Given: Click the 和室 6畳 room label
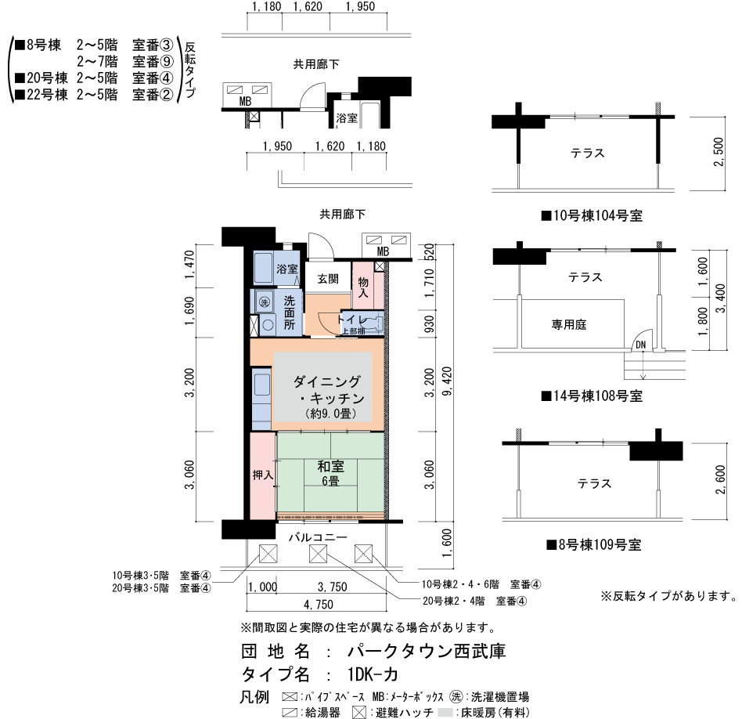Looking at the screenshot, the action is tap(331, 473).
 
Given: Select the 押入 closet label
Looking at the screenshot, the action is tap(263, 475).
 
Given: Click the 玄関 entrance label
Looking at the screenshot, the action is tap(328, 279).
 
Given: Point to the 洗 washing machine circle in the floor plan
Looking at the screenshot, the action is tap(264, 302).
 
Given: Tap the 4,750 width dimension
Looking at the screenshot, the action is tap(318, 605).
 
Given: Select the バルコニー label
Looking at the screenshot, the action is tap(318, 537).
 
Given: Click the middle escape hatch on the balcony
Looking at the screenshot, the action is tap(318, 554).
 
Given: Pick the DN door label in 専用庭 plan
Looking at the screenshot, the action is tap(641, 345).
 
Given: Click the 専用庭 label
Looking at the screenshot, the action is tap(569, 324).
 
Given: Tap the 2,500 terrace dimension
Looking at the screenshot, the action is tap(719, 152).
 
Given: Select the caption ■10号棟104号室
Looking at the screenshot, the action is tap(592, 216).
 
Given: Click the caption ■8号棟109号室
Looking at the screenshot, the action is tap(594, 544).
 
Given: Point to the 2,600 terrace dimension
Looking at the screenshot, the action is tap(720, 480).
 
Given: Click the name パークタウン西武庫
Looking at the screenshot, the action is tap(427, 651).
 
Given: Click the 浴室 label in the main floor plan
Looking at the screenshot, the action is tap(287, 269).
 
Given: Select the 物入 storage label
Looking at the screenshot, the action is tap(363, 287).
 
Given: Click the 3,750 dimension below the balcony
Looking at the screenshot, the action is tap(332, 587).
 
